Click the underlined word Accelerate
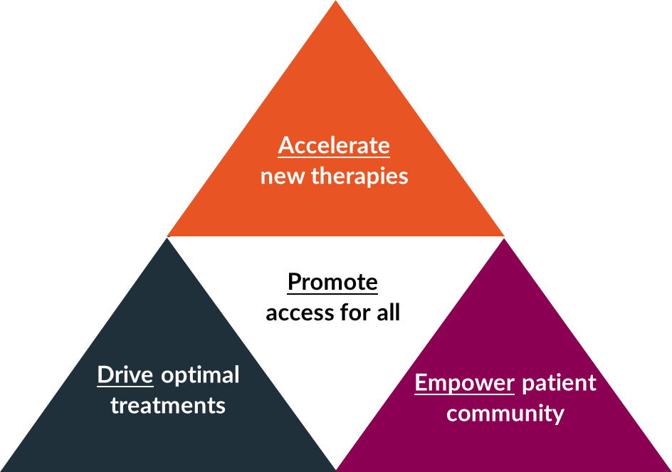(334, 145)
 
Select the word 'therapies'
(360, 176)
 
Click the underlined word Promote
(332, 282)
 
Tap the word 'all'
(389, 313)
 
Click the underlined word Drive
(125, 374)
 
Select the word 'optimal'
(200, 375)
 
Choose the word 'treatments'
(168, 406)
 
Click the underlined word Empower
(464, 383)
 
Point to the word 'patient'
(559, 383)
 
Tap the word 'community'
(505, 414)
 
